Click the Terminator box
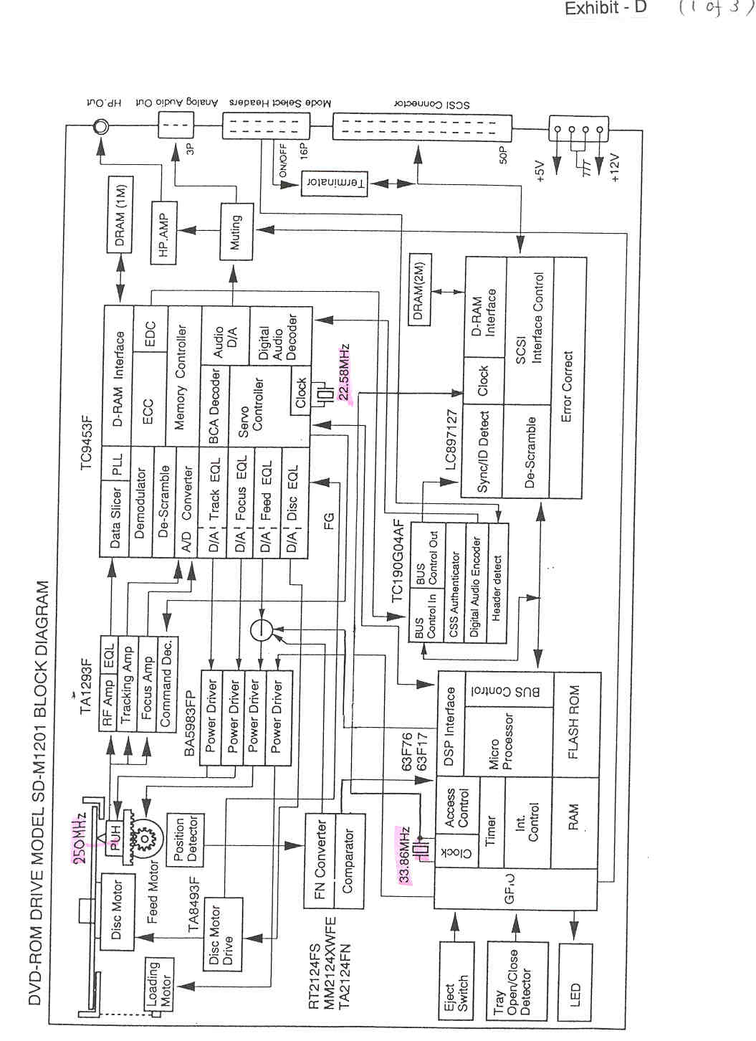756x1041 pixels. (x=336, y=183)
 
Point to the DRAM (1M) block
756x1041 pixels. (x=120, y=213)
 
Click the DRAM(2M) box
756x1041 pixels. (x=420, y=289)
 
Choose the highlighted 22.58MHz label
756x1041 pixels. (x=345, y=373)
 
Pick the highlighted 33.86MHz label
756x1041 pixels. (x=405, y=855)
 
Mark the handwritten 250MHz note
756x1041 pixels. (x=80, y=840)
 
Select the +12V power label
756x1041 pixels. (x=616, y=168)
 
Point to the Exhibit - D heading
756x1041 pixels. (x=606, y=9)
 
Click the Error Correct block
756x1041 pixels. (x=568, y=387)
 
